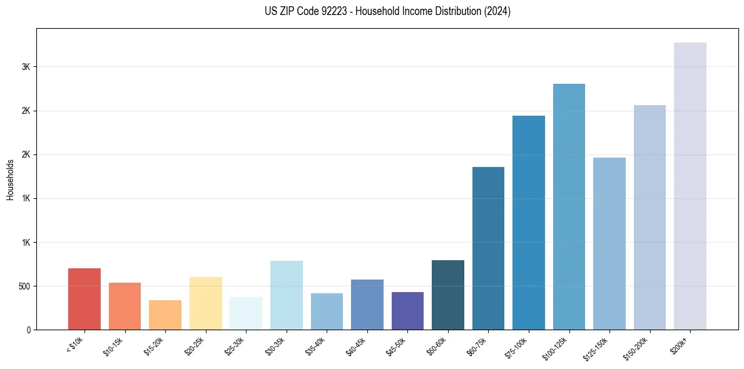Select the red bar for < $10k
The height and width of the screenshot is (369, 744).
(x=84, y=299)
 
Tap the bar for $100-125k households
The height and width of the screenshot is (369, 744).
(x=569, y=206)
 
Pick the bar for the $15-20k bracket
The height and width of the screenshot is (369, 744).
(x=165, y=315)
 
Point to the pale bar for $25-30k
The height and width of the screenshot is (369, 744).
(x=246, y=313)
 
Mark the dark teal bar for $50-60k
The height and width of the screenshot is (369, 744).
(x=448, y=295)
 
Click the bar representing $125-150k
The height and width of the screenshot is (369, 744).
(x=609, y=243)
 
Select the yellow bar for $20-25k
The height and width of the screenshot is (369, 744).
(x=206, y=303)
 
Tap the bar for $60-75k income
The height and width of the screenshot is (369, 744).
(x=488, y=248)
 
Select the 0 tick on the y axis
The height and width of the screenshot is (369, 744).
(x=28, y=330)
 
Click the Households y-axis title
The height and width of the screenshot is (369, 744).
(x=11, y=179)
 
